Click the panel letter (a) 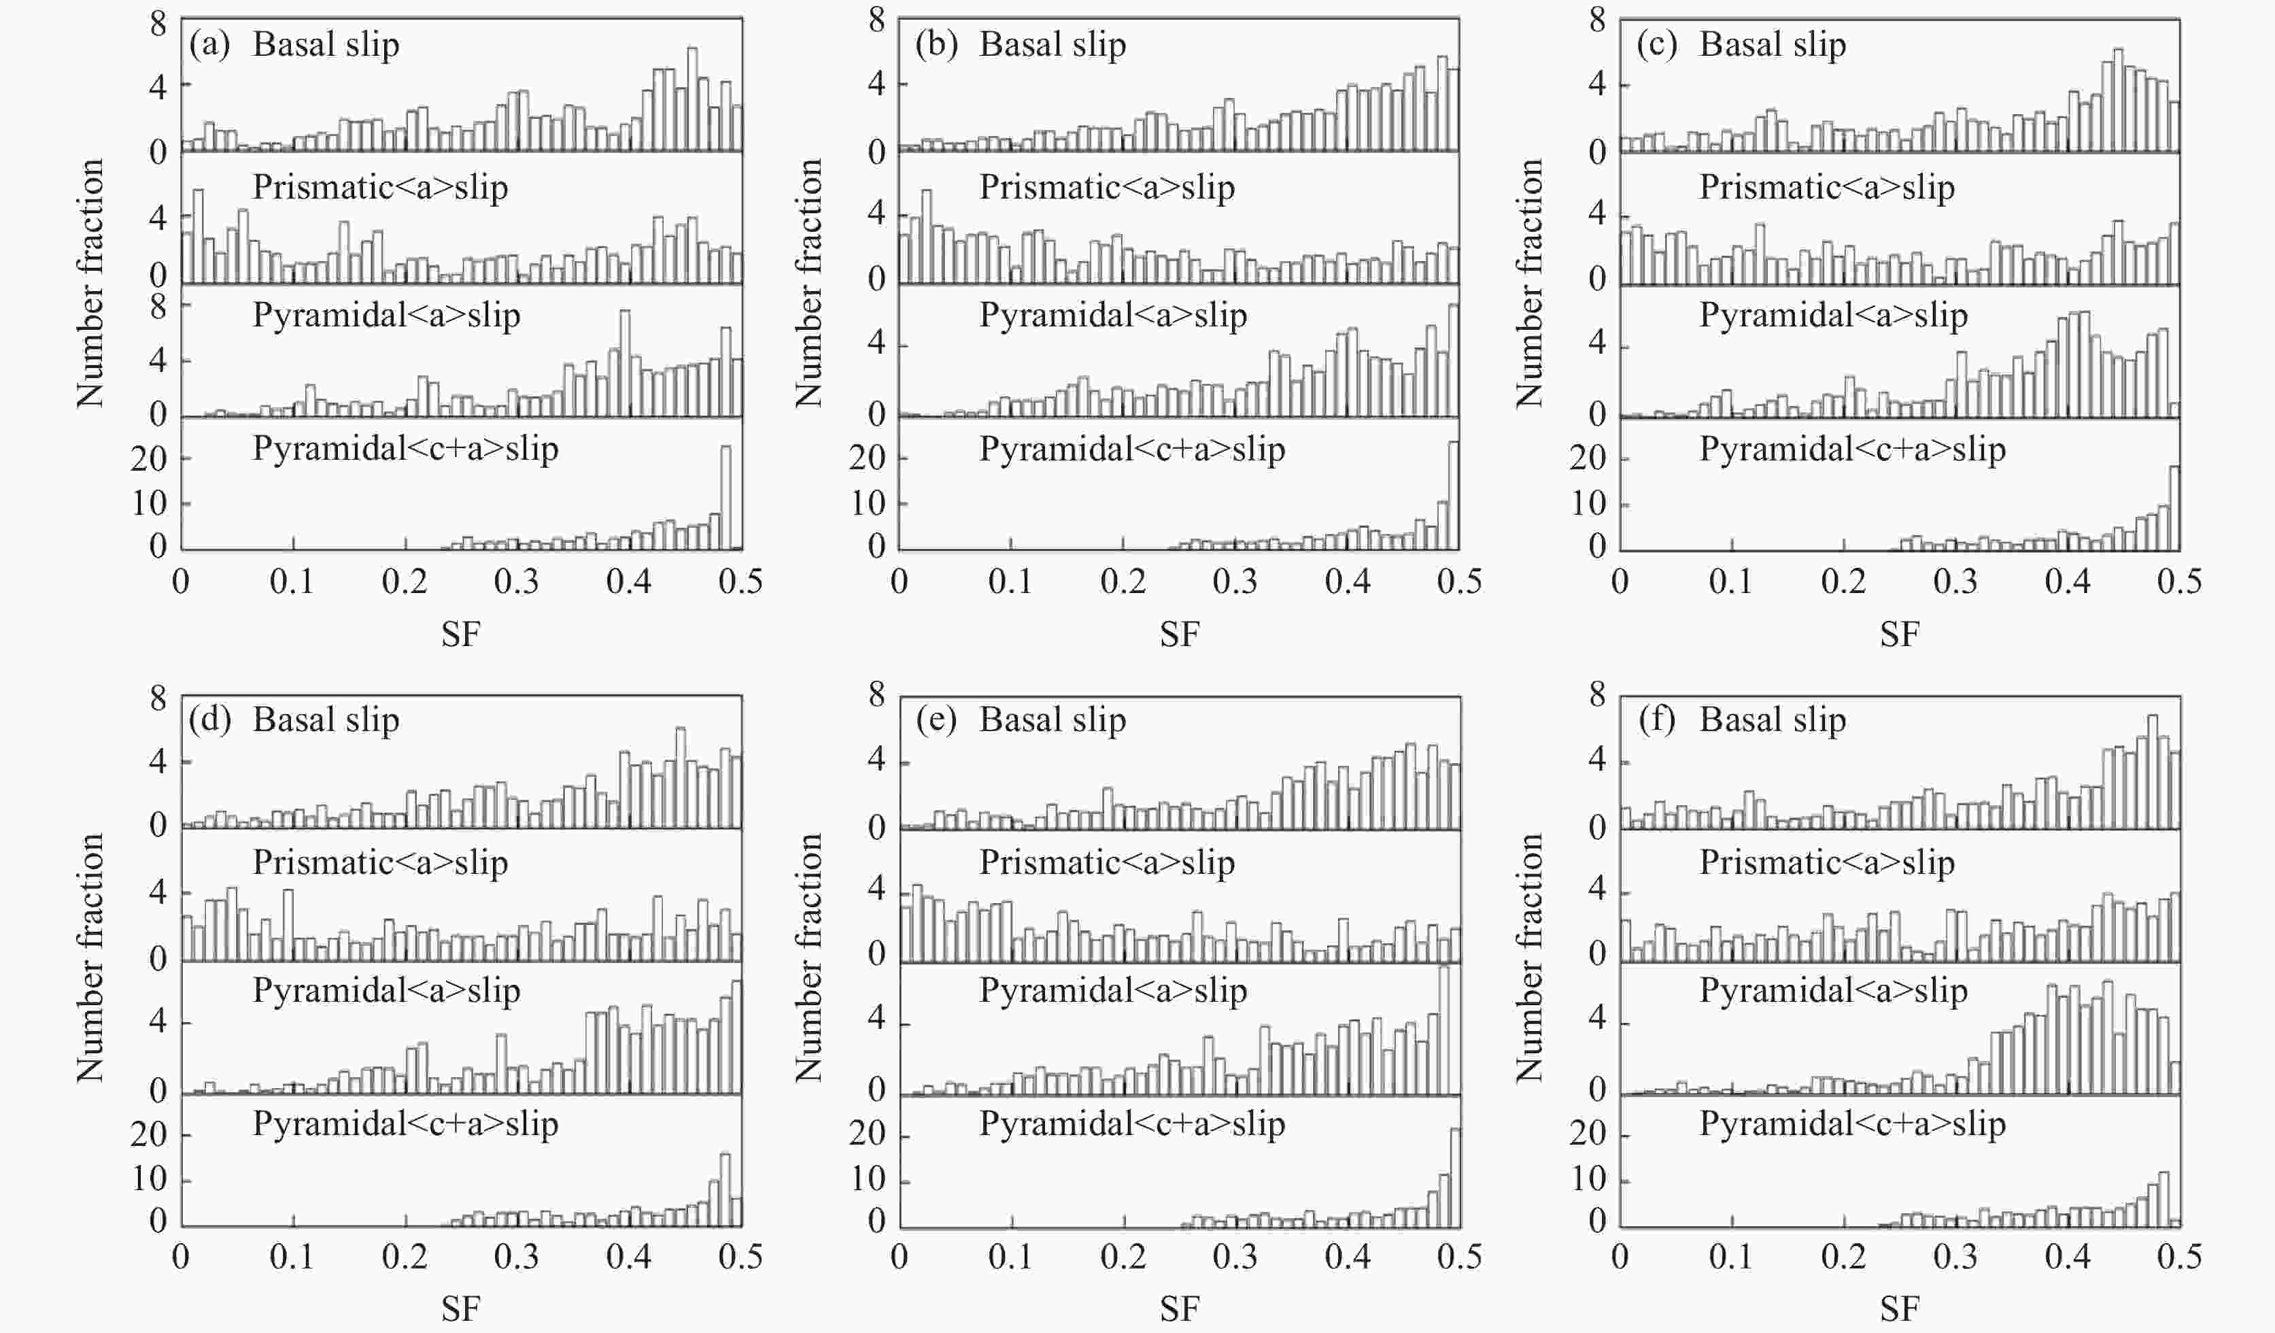coord(209,45)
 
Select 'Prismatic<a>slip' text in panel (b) coord(1107,188)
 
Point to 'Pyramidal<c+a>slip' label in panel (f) coord(1853,1124)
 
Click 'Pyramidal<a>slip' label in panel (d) coord(386,991)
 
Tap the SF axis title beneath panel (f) coord(1900,1309)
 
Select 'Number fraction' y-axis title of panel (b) coord(809,283)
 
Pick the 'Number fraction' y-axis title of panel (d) coord(90,958)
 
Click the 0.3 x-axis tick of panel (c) coord(1955,581)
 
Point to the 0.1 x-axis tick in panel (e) coord(1010,1257)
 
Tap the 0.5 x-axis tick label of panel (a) coord(740,581)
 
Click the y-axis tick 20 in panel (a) coord(149,459)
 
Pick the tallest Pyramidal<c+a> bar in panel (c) coord(2174,507)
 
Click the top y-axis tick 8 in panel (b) coord(876,20)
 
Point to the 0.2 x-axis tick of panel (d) coord(405,1257)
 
